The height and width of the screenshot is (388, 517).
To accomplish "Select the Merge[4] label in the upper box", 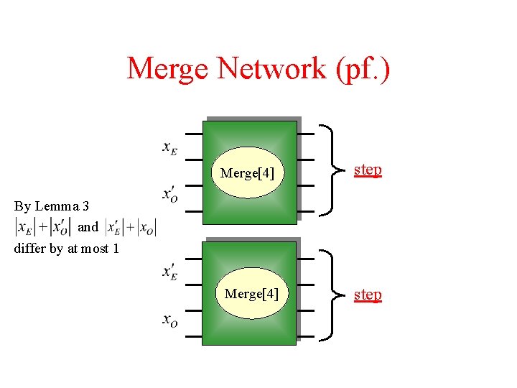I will tap(248, 173).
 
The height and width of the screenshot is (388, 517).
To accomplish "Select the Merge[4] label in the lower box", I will tap(251, 294).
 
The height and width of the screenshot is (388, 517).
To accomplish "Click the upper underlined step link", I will tap(368, 170).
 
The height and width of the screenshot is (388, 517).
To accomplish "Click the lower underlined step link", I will tap(368, 295).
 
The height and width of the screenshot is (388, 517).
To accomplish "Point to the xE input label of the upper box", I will tap(170, 148).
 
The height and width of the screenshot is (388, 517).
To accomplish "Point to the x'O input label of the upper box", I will tap(170, 194).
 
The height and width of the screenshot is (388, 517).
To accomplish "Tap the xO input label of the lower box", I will tap(170, 320).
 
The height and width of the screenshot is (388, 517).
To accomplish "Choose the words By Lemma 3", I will tap(52, 206).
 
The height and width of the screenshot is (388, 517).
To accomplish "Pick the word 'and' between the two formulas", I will tap(88, 227).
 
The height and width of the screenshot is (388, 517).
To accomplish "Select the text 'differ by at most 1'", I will tap(66, 249).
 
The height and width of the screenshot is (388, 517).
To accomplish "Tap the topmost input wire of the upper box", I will tap(193, 134).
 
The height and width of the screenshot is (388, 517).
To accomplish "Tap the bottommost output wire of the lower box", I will tap(306, 336).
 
